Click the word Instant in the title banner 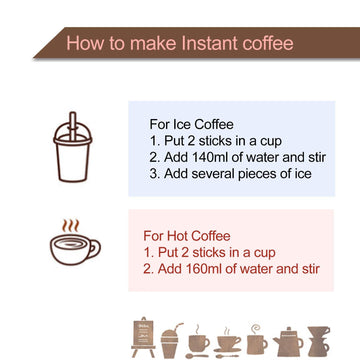(210, 43)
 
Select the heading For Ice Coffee (191, 124)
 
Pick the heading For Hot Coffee (187, 236)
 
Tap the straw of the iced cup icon (73, 126)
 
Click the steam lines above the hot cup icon (70, 226)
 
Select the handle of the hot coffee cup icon (95, 248)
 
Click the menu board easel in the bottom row (143, 337)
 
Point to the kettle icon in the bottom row (288, 341)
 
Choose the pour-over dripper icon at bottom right (319, 341)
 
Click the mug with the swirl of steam (257, 339)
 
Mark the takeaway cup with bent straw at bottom (171, 340)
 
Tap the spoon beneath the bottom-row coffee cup (199, 356)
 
